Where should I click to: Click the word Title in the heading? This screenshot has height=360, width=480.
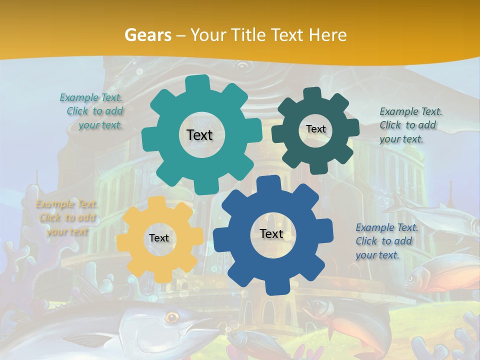click(249, 35)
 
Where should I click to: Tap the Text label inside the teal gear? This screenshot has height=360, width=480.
click(199, 135)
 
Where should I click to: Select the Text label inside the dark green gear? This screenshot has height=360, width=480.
click(315, 129)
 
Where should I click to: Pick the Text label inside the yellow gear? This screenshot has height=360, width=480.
click(159, 238)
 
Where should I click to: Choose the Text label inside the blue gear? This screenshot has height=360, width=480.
click(271, 234)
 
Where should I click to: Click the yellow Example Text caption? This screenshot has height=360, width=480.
click(66, 218)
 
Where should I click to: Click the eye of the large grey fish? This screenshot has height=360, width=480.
click(172, 316)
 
